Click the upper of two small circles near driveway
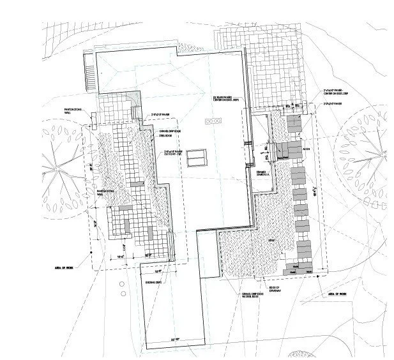(x=121, y=283)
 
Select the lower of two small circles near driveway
(x=121, y=291)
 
